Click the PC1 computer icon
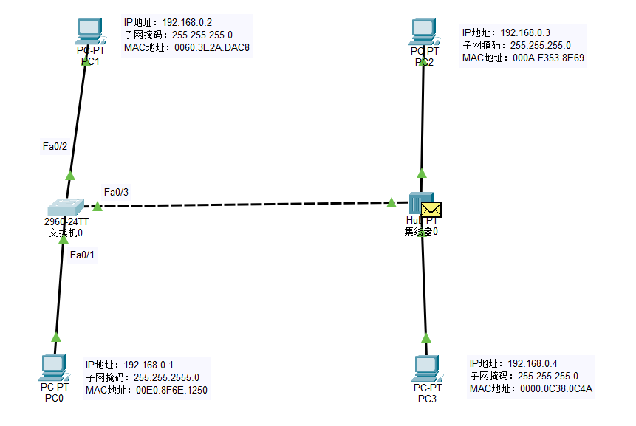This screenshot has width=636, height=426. click(89, 30)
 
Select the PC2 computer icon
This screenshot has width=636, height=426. click(424, 31)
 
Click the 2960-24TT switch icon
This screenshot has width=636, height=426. click(64, 206)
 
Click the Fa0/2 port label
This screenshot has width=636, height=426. click(55, 146)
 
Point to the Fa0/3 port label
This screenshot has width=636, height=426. click(117, 192)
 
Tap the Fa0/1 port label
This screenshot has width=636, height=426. click(83, 255)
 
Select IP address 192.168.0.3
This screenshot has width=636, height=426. click(525, 32)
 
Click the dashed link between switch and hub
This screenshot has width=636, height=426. click(244, 204)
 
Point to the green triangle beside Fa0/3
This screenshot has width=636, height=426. click(98, 205)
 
